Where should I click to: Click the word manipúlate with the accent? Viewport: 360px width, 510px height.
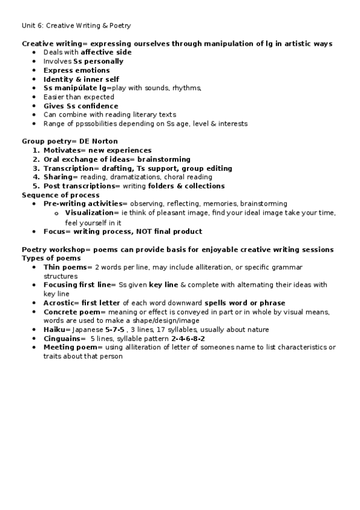coord(78,88)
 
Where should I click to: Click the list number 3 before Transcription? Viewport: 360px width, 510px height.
coord(36,168)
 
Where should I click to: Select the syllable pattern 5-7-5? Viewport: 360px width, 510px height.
coord(115,330)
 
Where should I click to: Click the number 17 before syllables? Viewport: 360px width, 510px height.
coord(160,330)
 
